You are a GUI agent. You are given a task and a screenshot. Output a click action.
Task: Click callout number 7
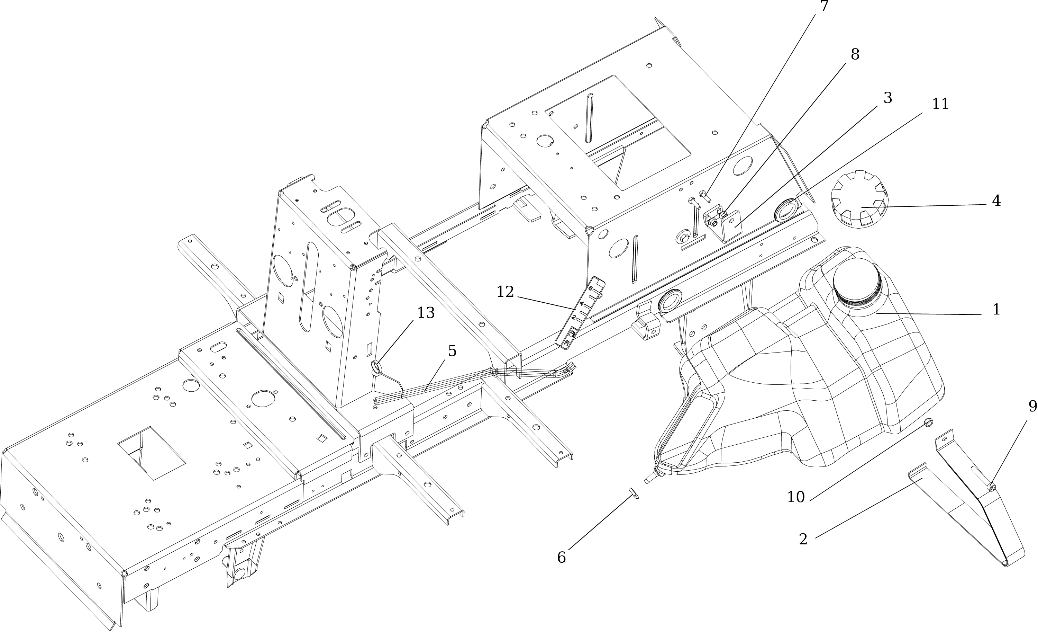(x=823, y=6)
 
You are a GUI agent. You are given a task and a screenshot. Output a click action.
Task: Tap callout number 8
(x=855, y=54)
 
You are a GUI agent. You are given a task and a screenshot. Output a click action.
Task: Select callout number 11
(x=940, y=104)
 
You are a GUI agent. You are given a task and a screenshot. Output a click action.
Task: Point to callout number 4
(x=996, y=201)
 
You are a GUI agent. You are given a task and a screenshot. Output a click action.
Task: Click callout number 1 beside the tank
(x=996, y=310)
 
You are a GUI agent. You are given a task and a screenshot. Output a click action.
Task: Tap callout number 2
(x=803, y=539)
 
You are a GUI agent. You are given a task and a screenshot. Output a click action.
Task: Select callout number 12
(x=505, y=292)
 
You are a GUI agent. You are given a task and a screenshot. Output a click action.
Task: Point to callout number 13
(x=426, y=313)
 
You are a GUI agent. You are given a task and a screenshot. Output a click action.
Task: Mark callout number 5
(x=452, y=351)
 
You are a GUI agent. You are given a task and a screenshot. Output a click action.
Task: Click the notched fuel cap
(x=859, y=199)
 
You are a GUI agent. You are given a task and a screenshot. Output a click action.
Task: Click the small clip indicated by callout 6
(x=633, y=493)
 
